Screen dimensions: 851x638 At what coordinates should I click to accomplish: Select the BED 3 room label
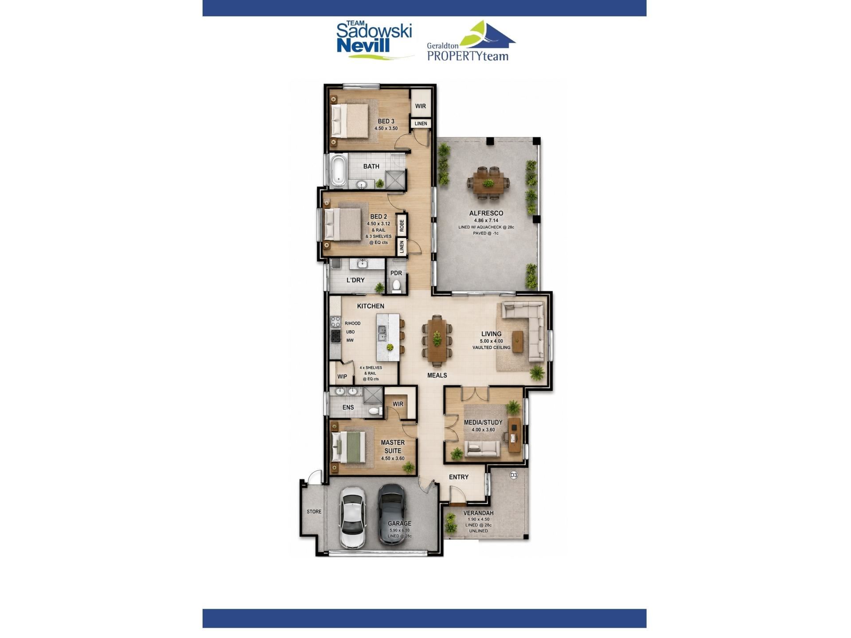386,121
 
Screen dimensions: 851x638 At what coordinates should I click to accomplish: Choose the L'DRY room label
355,280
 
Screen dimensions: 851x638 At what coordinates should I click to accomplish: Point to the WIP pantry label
342,377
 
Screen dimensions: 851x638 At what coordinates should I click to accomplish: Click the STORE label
314,512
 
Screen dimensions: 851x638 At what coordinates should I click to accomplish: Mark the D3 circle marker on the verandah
514,475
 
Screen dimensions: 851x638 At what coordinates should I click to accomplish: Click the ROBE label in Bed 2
402,226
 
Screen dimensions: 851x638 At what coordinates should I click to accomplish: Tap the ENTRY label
459,477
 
